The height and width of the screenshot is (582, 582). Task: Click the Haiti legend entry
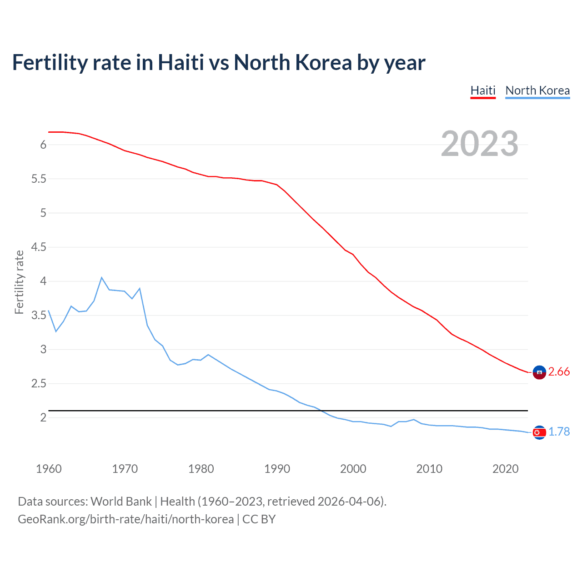coord(483,90)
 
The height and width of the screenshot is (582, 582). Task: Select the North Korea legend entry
coord(537,90)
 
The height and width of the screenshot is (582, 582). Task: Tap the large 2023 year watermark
coord(480,144)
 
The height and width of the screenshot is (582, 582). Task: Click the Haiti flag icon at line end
coord(539,372)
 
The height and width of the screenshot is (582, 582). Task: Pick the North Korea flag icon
coord(539,432)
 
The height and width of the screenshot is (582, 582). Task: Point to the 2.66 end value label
coord(559,372)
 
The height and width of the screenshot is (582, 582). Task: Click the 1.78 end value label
coord(559,431)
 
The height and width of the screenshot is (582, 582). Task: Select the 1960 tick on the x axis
coord(49,469)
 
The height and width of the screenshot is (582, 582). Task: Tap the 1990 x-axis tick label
coord(277,469)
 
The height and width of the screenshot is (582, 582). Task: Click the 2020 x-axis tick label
coord(505,469)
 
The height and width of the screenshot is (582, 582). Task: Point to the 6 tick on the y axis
coord(43,145)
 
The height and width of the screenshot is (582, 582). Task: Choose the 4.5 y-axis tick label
coord(39,247)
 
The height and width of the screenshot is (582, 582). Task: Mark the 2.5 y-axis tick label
coord(39,384)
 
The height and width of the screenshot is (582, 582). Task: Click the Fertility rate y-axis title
coord(19,282)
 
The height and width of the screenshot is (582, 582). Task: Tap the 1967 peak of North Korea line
coord(101,277)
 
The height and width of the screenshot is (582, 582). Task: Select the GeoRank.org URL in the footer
coord(125,519)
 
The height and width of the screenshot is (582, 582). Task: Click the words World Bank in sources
coord(121,502)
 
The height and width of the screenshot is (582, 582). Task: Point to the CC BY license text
coord(259,519)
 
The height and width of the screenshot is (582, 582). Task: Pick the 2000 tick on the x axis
coord(353,469)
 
